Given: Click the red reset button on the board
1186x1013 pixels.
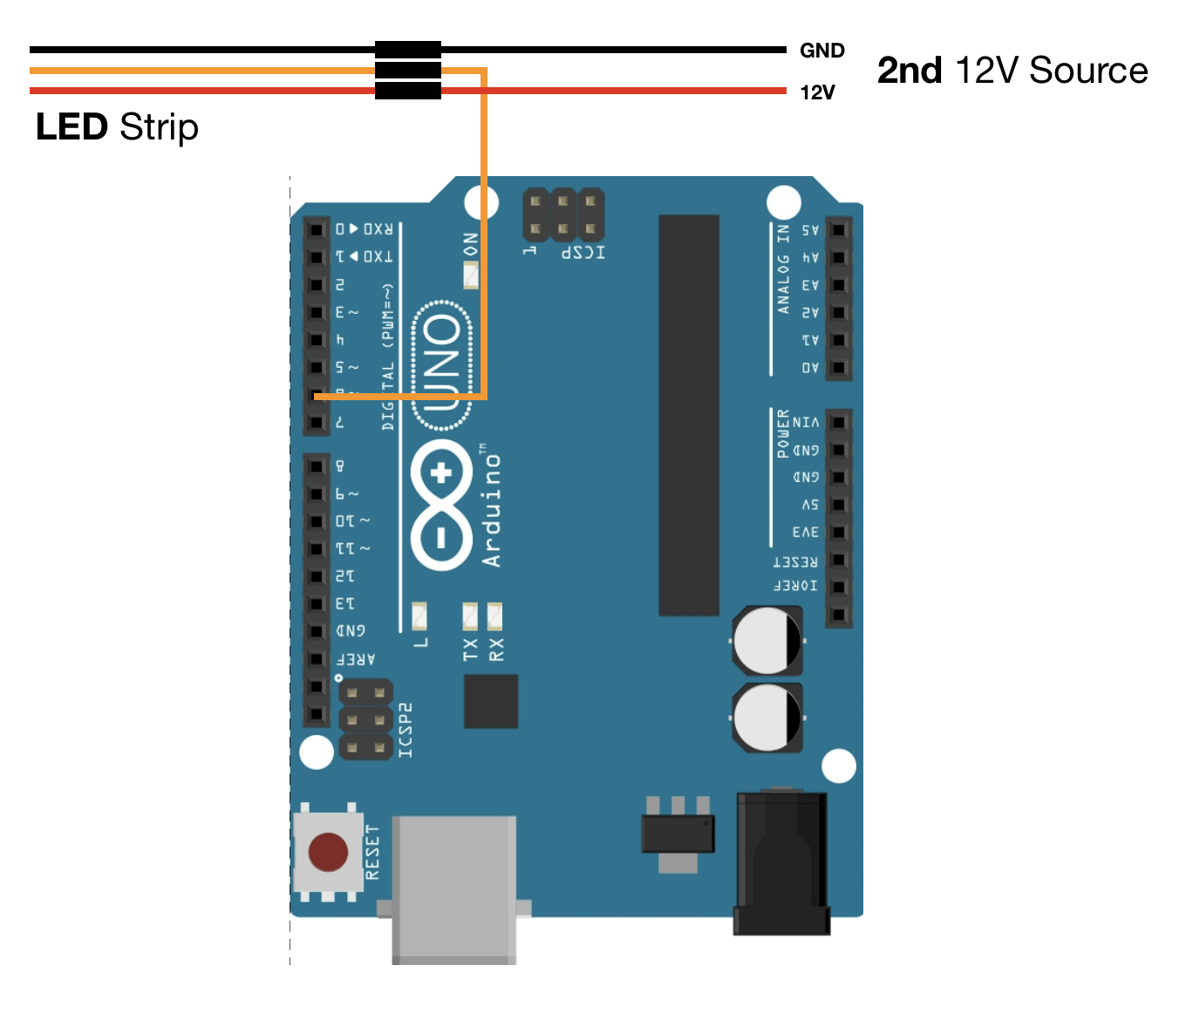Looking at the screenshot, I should [x=328, y=852].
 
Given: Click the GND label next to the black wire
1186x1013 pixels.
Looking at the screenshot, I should [x=821, y=51].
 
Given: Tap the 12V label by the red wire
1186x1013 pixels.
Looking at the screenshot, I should [x=817, y=92].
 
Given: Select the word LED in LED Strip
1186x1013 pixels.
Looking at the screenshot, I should [x=72, y=127].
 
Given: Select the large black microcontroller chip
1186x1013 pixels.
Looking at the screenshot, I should [x=689, y=415].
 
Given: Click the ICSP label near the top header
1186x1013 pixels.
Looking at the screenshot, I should [x=583, y=252].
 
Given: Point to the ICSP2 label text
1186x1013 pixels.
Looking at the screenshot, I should [x=406, y=730].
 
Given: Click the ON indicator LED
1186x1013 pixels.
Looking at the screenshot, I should [x=471, y=275].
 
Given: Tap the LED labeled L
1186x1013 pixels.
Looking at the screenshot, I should [x=419, y=616].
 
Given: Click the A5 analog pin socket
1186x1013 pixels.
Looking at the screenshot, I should [x=838, y=230].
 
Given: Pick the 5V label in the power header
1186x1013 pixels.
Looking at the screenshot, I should [x=809, y=505].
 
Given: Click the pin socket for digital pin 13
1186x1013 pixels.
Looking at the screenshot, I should [x=316, y=603].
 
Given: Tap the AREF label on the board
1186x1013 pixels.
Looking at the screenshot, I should [x=356, y=659].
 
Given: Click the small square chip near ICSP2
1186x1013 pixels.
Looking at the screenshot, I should [x=491, y=701].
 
